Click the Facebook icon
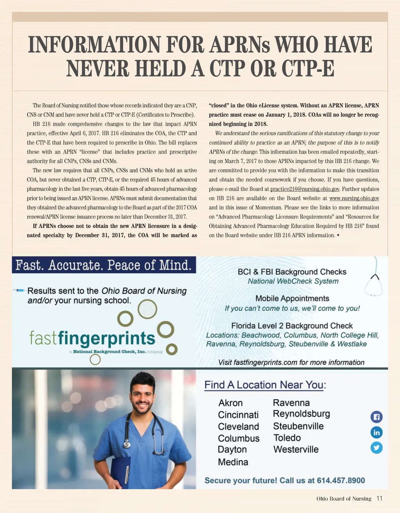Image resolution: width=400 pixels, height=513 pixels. click(x=376, y=417)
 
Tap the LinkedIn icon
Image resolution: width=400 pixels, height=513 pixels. click(x=376, y=433)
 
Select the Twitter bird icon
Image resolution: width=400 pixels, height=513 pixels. click(x=376, y=447)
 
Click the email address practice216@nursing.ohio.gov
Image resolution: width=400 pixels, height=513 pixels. click(x=305, y=189)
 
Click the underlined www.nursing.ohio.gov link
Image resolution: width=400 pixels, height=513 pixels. click(x=354, y=198)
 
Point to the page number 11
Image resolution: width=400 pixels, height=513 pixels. click(x=379, y=499)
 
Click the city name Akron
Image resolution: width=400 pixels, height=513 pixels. click(x=230, y=403)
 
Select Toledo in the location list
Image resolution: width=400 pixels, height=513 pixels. click(x=287, y=438)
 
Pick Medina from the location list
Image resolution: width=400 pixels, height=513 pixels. click(x=233, y=462)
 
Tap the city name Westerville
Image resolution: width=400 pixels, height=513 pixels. click(x=296, y=449)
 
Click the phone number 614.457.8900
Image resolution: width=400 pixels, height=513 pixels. click(x=341, y=481)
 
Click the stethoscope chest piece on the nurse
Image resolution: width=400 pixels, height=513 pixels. click(x=127, y=444)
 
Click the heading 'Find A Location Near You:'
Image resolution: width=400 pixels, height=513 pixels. click(x=265, y=385)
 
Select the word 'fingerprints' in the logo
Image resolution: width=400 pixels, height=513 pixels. click(x=107, y=338)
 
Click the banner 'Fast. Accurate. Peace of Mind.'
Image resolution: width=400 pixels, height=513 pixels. click(x=104, y=265)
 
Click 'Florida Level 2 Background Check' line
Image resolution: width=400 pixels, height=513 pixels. click(x=292, y=326)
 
